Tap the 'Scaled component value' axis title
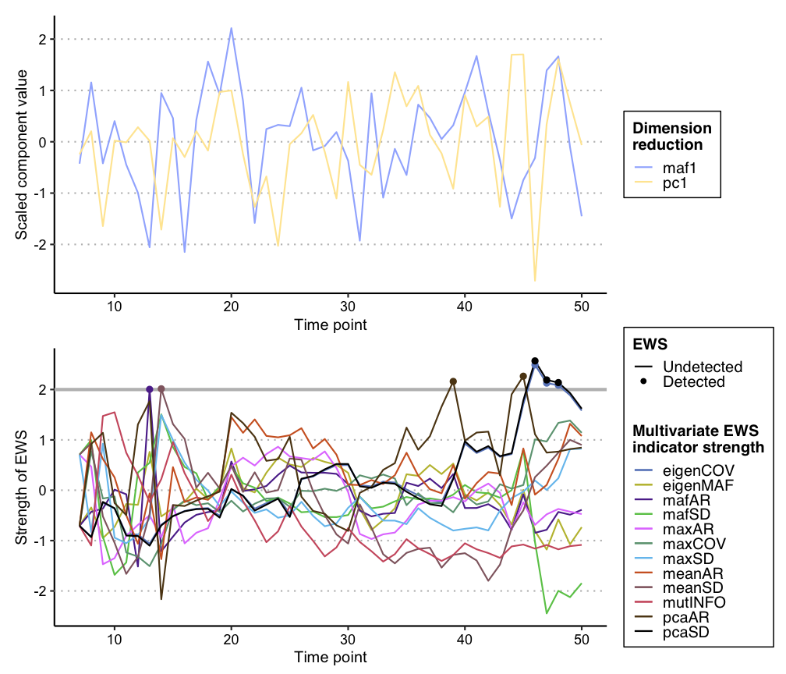(23, 154)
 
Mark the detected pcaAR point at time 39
(453, 381)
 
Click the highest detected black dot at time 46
(535, 361)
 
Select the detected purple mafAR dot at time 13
(149, 389)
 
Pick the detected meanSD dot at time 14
(161, 388)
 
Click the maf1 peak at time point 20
(232, 28)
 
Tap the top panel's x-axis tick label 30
(348, 306)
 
